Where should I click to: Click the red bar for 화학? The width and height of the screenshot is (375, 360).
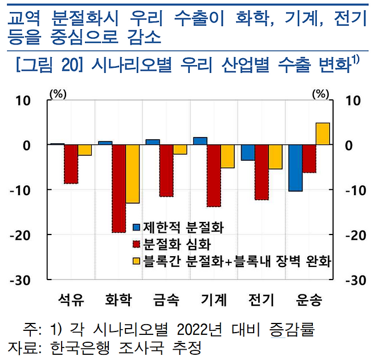click(119, 188)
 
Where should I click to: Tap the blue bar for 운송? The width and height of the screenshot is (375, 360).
click(295, 168)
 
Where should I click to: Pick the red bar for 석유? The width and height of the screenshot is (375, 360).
click(71, 164)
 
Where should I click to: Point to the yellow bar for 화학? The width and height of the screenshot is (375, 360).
click(132, 174)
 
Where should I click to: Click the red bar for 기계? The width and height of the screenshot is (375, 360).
click(213, 176)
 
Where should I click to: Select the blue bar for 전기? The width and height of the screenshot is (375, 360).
click(248, 153)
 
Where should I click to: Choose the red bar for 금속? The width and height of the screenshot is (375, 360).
click(166, 171)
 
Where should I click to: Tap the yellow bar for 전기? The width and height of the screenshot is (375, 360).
click(275, 157)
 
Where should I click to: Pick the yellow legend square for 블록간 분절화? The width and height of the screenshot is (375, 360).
click(137, 261)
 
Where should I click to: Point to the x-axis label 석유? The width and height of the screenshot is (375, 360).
click(71, 300)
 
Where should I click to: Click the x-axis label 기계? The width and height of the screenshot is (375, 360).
click(214, 300)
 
